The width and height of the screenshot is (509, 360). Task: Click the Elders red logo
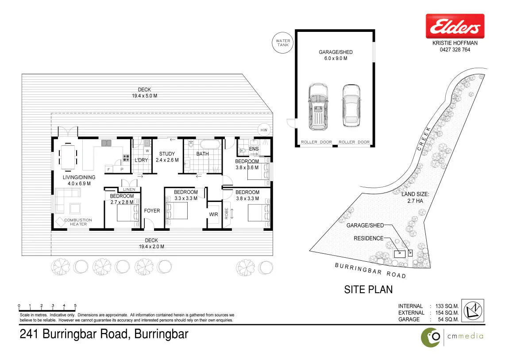point(455,26)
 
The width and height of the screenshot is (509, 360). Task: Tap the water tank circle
point(283,43)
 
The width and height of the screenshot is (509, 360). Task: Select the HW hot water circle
point(264,130)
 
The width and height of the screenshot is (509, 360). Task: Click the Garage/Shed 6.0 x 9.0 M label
point(335,55)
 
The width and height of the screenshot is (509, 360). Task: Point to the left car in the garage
point(318,107)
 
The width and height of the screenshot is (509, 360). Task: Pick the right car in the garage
point(351,106)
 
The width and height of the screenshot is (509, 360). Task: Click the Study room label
point(167,157)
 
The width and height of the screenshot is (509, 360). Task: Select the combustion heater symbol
point(60,222)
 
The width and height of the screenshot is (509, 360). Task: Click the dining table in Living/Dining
point(68,157)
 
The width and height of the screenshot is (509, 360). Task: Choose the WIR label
point(214,214)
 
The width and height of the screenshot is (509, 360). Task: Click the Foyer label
point(152,211)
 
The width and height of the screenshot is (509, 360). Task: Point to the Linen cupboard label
point(129,189)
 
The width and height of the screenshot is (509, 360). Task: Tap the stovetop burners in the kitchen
point(126,158)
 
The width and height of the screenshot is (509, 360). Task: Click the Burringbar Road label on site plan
point(370,271)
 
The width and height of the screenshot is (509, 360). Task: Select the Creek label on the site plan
point(424,139)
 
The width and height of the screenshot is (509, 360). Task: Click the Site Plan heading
point(368,290)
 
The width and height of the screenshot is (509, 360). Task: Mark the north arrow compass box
point(473,310)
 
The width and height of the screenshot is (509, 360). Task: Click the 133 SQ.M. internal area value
point(447,306)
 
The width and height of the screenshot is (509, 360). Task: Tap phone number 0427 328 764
point(455,50)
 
